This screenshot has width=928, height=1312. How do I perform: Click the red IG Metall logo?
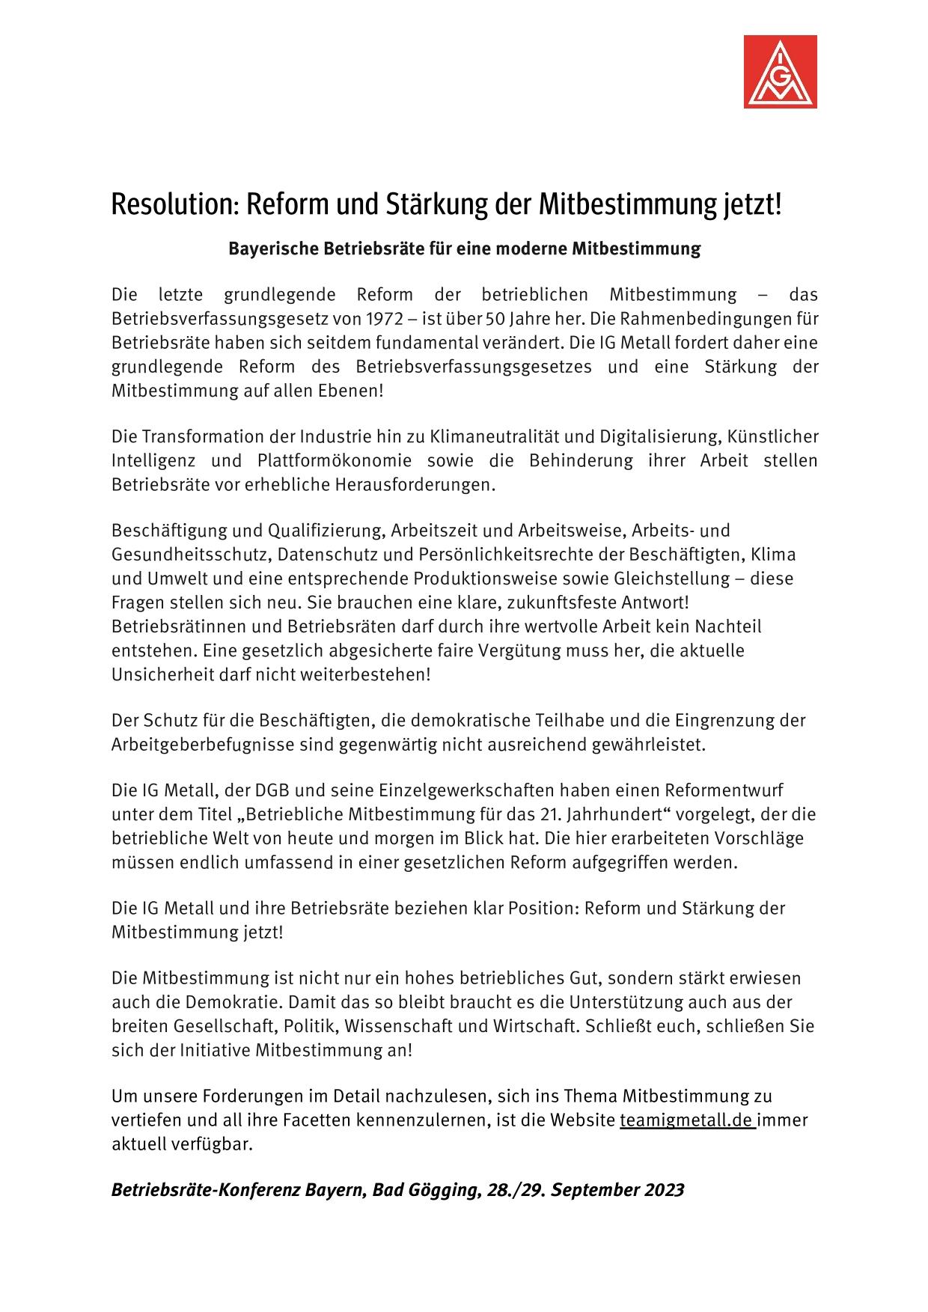pos(780,72)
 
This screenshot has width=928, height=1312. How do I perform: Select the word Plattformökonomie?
pos(336,460)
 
